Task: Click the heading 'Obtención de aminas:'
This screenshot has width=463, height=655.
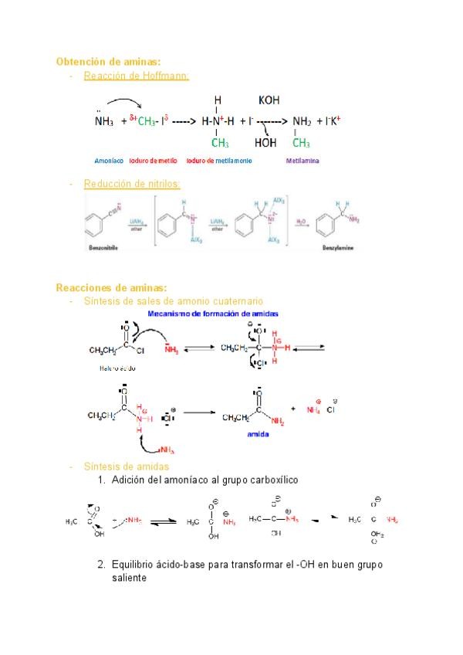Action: tap(109, 62)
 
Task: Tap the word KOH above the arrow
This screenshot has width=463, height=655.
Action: tap(270, 100)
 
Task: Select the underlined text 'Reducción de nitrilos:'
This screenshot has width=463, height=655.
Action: tap(132, 184)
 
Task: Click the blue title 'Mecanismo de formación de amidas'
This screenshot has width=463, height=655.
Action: tap(213, 314)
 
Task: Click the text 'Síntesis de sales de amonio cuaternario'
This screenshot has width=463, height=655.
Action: tap(173, 300)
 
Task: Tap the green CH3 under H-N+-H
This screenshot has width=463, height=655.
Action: tap(220, 143)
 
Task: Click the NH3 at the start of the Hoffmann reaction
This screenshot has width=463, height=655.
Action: tap(104, 121)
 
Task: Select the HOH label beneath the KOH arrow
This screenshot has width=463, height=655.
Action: tap(265, 143)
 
